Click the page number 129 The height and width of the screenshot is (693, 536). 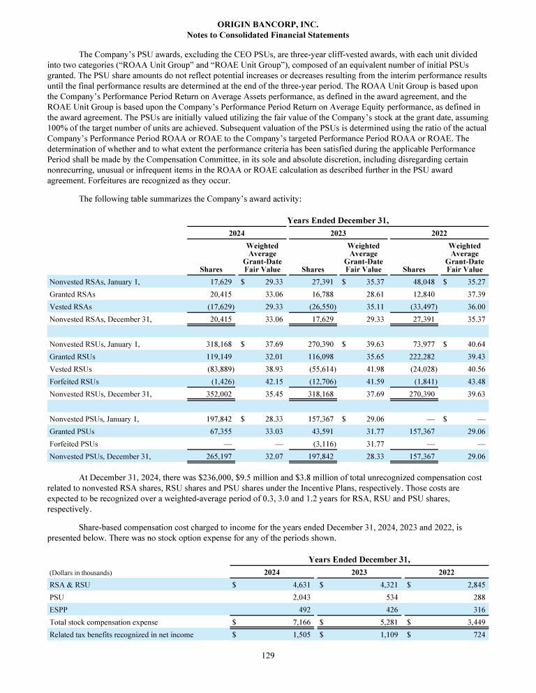click(268, 656)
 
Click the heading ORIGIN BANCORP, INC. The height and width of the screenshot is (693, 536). click(268, 24)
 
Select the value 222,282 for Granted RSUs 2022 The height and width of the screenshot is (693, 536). click(421, 356)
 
